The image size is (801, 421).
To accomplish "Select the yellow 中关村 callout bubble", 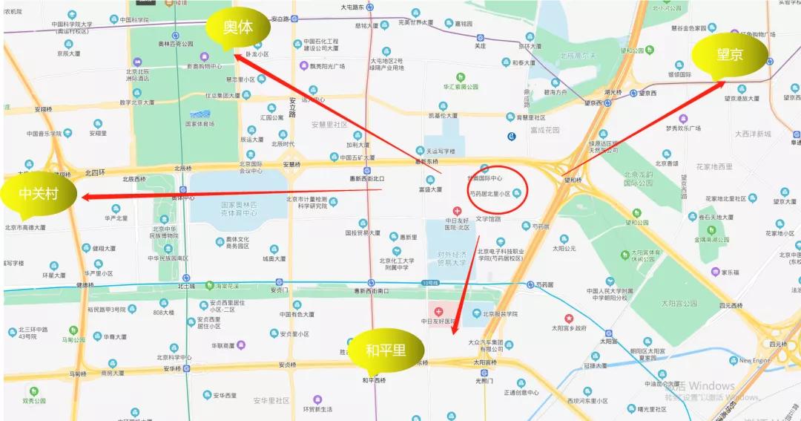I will pyautogui.click(x=39, y=195).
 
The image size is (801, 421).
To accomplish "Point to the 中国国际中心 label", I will pyautogui.click(x=485, y=178).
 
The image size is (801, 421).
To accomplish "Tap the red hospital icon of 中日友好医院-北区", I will pyautogui.click(x=457, y=212).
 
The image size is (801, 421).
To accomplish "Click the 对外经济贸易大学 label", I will pyautogui.click(x=452, y=262).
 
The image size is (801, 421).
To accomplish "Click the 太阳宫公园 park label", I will pyautogui.click(x=679, y=303).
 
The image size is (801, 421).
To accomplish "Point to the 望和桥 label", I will pyautogui.click(x=573, y=179).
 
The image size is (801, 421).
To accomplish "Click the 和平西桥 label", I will pyautogui.click(x=375, y=380).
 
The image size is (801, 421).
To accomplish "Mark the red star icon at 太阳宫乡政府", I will pyautogui.click(x=570, y=318).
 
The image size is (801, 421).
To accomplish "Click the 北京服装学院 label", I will pyautogui.click(x=501, y=314).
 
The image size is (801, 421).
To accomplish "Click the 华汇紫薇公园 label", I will pyautogui.click(x=461, y=85).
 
